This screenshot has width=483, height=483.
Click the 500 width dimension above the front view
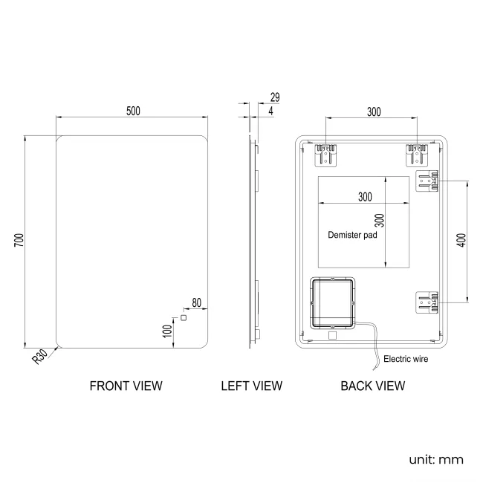[x=133, y=111]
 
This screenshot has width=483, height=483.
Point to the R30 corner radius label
[x=40, y=358]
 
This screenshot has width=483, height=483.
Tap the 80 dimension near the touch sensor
[x=197, y=302]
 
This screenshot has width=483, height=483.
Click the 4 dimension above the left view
[x=270, y=111]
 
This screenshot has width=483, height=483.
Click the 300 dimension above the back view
[x=373, y=111]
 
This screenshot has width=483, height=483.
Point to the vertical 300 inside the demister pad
[x=378, y=221]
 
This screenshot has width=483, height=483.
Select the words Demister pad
[x=352, y=234]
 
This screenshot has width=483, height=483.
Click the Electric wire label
[x=405, y=359]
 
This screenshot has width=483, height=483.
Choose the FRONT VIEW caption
[x=126, y=386]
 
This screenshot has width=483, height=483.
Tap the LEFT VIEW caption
[x=251, y=386]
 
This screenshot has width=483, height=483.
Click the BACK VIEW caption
[x=372, y=386]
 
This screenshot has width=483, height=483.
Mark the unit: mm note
[x=435, y=459]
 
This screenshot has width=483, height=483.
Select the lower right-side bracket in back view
[x=427, y=302]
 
